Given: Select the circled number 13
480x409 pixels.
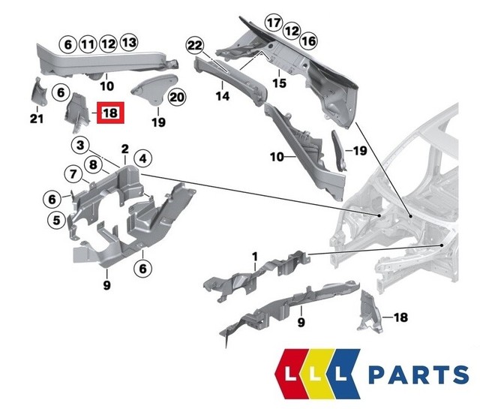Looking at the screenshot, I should [x=129, y=43].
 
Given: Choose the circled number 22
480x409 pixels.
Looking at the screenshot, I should [x=196, y=47].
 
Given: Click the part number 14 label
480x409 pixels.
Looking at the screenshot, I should [x=222, y=95].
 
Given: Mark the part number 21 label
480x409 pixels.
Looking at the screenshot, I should [x=37, y=118].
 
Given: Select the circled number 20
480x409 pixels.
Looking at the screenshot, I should [x=176, y=97].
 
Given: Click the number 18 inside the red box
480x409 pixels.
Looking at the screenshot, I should [x=109, y=113].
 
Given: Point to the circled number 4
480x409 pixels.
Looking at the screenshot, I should [x=142, y=158].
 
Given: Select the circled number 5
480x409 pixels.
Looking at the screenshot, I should [x=55, y=221].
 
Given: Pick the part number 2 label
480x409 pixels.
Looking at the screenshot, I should [x=124, y=149].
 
